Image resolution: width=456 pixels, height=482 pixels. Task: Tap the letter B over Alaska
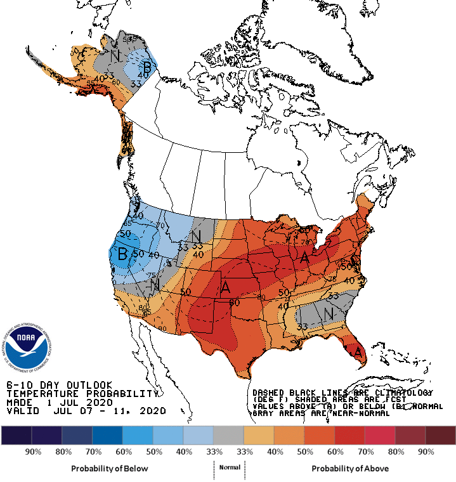click(x=147, y=65)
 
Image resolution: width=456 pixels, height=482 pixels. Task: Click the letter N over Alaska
click(x=115, y=56)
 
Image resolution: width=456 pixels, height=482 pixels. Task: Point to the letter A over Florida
click(x=358, y=351)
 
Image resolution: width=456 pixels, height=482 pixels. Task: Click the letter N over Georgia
click(x=328, y=313)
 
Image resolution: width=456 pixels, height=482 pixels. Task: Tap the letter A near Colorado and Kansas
click(x=225, y=287)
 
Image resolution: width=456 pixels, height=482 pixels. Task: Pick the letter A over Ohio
click(x=304, y=257)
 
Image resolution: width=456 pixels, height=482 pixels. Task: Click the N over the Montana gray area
click(x=197, y=236)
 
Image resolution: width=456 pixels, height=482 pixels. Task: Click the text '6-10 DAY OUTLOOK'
click(x=60, y=385)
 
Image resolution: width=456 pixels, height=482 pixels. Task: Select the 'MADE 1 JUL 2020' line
click(x=60, y=402)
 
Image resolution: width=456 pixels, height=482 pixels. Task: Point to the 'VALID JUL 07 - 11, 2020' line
click(x=86, y=411)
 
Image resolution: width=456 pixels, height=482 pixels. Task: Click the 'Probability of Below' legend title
click(x=110, y=468)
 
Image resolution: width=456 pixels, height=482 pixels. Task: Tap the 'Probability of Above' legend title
click(x=350, y=468)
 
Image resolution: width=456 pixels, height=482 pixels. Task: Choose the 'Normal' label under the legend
click(x=230, y=467)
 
